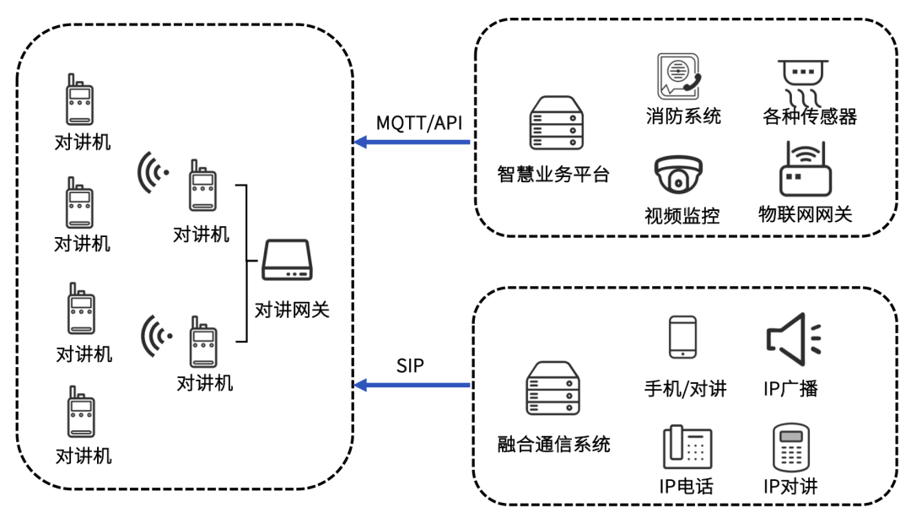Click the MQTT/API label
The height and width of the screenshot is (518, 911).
[x=419, y=123]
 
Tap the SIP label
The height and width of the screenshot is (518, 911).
[x=410, y=366]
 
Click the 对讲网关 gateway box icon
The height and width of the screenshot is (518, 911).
[x=288, y=261]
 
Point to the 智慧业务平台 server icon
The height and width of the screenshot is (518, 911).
[x=556, y=124]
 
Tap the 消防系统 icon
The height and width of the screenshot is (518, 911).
[x=679, y=78]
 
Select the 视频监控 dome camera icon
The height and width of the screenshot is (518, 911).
[x=678, y=175]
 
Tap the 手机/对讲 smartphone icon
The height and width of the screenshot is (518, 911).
[x=682, y=338]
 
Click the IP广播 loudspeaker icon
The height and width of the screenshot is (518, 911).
[x=792, y=338]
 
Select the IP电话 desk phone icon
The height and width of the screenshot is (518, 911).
[x=687, y=447]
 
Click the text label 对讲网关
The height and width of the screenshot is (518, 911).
[x=292, y=310]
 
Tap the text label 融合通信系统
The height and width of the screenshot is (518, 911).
[x=553, y=444]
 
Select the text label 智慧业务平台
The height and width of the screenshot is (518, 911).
[x=553, y=175]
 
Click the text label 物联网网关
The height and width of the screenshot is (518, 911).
[x=805, y=213]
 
